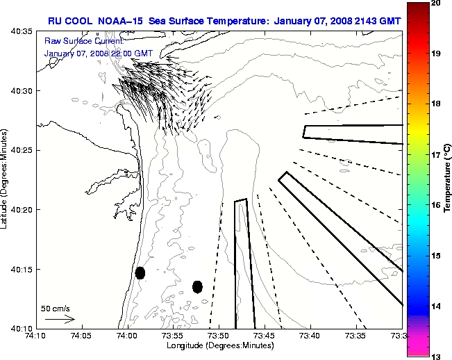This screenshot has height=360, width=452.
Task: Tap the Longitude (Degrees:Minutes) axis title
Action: pyautogui.click(x=219, y=345)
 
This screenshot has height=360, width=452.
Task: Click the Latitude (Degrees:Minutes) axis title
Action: pyautogui.click(x=6, y=179)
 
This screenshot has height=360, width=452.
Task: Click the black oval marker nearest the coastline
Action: pyautogui.click(x=140, y=272)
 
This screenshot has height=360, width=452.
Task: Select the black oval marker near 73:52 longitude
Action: pyautogui.click(x=197, y=286)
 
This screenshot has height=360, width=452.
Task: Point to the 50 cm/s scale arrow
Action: pyautogui.click(x=60, y=319)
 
